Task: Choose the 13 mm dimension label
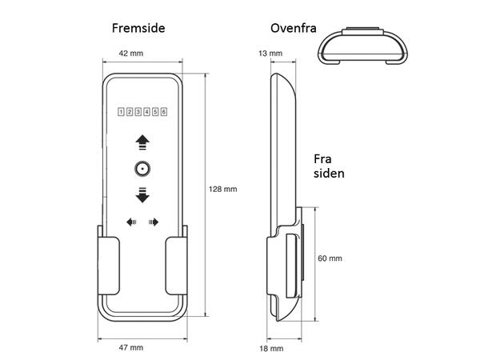click(271, 53)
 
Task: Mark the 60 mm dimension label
click(330, 258)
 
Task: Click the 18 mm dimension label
click(271, 349)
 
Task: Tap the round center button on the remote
click(142, 168)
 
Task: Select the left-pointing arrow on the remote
click(130, 222)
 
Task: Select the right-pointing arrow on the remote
click(154, 222)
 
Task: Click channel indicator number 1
click(121, 112)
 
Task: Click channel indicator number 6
click(164, 112)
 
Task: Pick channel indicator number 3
click(138, 112)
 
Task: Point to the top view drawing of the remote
click(363, 45)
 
